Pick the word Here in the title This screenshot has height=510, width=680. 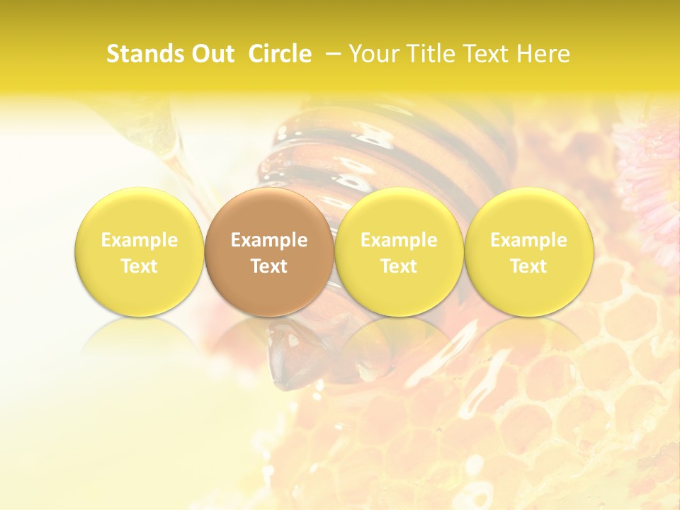(x=543, y=54)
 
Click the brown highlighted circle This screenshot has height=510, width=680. (x=269, y=252)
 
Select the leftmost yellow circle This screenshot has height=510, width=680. (x=139, y=252)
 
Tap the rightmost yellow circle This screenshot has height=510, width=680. (x=528, y=252)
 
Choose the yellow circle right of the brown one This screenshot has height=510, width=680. (x=399, y=252)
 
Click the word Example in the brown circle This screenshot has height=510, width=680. (x=269, y=240)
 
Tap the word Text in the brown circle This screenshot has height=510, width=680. (x=269, y=266)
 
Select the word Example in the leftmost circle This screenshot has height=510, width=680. (x=139, y=240)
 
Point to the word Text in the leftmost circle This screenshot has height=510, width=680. (x=139, y=266)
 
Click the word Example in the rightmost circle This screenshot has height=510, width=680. (x=528, y=240)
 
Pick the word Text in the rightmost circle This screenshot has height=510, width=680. (x=528, y=266)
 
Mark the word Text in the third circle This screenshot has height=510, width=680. (x=399, y=266)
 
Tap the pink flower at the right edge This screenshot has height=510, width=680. (x=652, y=177)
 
